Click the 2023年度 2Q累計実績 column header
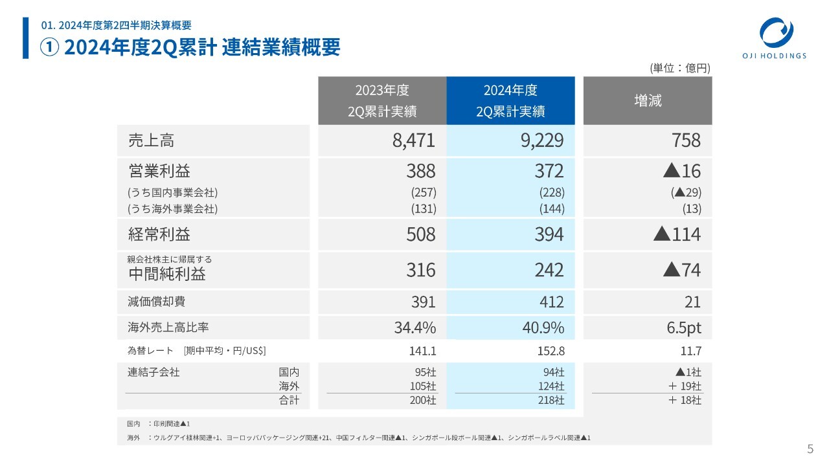click(381, 100)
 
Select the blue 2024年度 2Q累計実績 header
click(510, 100)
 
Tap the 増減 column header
click(647, 100)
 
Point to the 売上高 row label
click(151, 140)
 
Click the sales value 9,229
click(541, 140)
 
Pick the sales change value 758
click(686, 140)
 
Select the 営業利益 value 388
click(420, 172)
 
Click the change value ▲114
click(677, 234)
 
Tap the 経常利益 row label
click(159, 234)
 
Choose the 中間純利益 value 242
click(549, 270)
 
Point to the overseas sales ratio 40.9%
click(543, 328)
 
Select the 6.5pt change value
click(684, 328)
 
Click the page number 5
click(810, 450)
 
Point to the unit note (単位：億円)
click(680, 68)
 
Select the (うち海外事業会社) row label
click(172, 209)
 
